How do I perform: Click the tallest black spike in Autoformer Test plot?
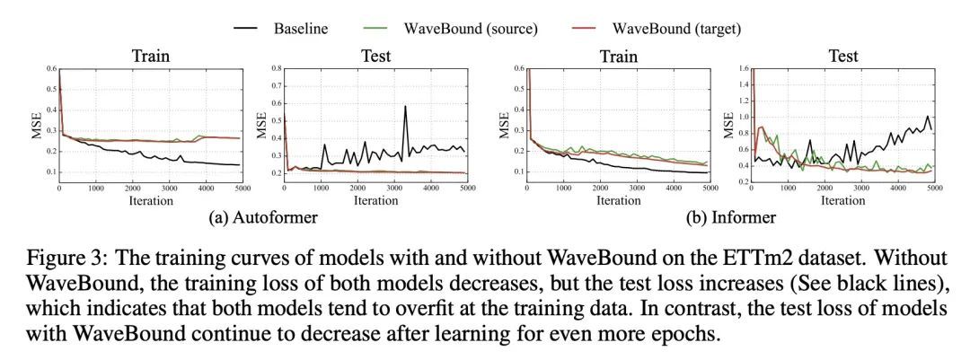coord(405,107)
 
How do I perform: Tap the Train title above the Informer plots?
coord(620,56)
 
